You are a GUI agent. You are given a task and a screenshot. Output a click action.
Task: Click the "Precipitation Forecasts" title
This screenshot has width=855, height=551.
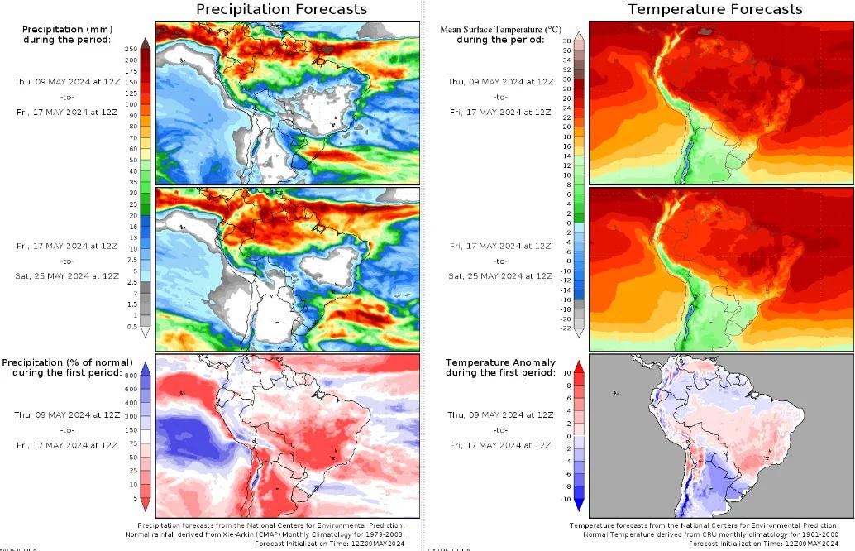[x=281, y=9]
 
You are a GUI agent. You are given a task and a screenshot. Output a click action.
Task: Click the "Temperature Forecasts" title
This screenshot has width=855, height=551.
[x=714, y=9]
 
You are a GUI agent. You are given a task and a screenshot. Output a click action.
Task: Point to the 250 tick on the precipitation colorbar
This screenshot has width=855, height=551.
[x=131, y=50]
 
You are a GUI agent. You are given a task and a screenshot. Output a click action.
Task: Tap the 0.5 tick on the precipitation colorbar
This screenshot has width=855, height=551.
[x=131, y=327]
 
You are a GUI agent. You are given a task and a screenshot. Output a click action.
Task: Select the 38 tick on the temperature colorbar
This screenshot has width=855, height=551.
[x=566, y=40]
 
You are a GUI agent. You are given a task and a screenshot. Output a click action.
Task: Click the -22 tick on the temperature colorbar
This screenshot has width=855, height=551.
[x=566, y=328]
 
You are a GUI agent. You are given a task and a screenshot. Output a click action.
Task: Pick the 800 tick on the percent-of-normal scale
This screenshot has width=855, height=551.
[x=131, y=376]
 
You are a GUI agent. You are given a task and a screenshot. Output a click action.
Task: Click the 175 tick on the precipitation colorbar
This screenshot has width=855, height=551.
[x=131, y=71]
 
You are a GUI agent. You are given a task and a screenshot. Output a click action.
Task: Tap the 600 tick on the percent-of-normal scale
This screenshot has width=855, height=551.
[x=131, y=390]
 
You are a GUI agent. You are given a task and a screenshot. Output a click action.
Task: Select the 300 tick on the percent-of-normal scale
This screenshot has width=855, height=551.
[x=131, y=430]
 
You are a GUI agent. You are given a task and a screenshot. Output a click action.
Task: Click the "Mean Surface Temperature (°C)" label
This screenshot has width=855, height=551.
[x=492, y=29]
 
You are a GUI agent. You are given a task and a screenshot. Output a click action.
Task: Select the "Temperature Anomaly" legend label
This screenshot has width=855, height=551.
[x=494, y=362]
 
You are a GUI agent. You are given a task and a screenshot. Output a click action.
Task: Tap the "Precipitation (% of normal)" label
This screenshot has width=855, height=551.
[x=67, y=362]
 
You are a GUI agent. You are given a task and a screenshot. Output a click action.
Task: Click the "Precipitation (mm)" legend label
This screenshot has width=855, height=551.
[x=67, y=29]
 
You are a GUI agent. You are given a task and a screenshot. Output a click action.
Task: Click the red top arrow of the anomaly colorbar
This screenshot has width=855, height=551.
[x=580, y=367]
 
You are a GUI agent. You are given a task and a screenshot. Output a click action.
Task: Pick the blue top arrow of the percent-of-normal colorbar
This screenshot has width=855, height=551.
[x=145, y=367]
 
